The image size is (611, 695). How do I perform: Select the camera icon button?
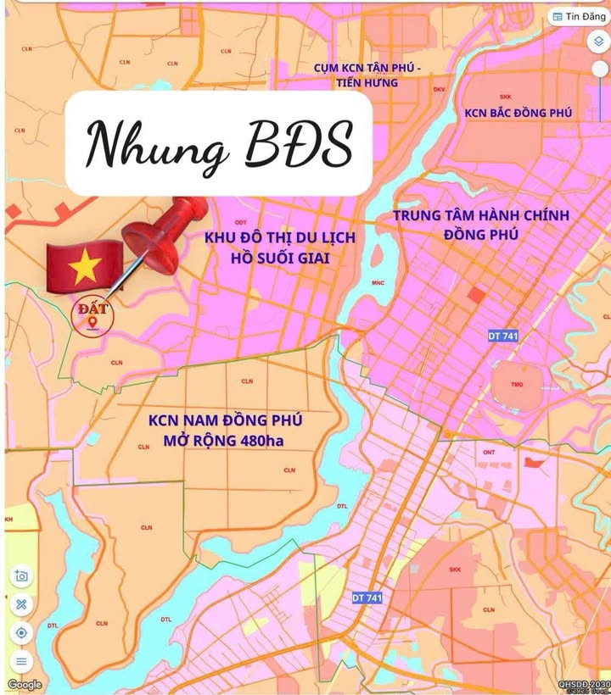click(22, 576)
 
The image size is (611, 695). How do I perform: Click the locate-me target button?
click(22, 632)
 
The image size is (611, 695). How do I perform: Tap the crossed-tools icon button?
click(22, 604)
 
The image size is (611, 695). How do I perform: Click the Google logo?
click(25, 685)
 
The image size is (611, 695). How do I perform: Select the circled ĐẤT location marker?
click(92, 314)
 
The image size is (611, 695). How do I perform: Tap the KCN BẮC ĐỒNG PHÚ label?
click(518, 113)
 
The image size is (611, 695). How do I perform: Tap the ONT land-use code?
click(489, 452)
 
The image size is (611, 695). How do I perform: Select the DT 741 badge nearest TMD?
click(503, 336)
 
